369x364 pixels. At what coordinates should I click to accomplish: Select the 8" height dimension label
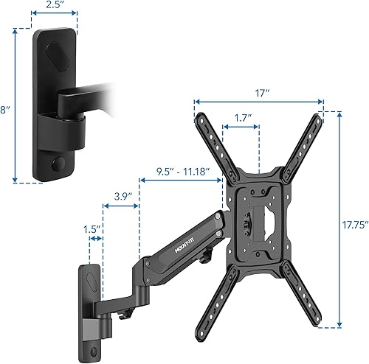click(5, 110)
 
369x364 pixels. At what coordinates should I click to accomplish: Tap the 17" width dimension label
click(260, 94)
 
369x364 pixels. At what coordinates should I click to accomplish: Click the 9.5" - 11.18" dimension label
click(182, 172)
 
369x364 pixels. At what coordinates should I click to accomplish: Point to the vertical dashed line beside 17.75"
click(339, 221)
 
